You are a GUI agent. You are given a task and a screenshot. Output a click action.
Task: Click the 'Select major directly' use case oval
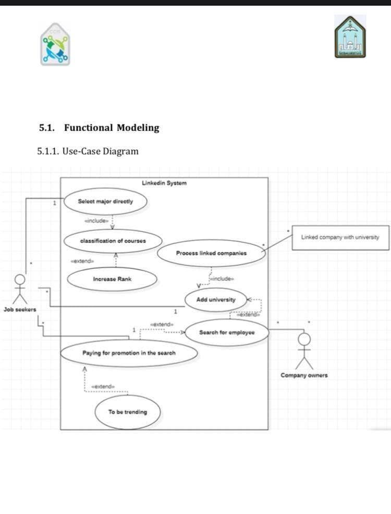105,201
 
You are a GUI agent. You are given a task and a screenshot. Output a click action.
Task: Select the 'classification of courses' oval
113,241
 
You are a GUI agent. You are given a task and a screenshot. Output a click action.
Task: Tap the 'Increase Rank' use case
112,279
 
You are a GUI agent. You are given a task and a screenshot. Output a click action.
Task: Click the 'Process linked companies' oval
211,253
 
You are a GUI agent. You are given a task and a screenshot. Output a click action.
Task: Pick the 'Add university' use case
215,300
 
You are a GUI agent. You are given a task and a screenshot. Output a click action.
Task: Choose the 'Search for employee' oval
227,332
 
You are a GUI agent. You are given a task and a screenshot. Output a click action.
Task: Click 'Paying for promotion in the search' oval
129,353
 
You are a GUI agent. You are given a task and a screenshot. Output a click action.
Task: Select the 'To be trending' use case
127,412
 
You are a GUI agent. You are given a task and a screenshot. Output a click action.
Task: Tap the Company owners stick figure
304,351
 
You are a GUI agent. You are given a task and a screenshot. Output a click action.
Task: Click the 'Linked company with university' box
340,237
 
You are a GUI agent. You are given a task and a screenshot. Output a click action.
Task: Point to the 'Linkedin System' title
164,183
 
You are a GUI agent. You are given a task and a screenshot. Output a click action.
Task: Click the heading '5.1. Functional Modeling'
99,128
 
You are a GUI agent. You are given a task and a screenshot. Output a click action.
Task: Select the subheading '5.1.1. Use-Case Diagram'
88,152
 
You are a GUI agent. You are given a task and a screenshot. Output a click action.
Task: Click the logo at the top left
55,44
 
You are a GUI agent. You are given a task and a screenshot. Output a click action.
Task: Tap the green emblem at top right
350,37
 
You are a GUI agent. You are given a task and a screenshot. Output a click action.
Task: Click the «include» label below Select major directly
96,221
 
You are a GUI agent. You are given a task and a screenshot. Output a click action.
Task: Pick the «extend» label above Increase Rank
82,261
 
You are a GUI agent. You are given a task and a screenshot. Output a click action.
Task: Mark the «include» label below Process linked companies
222,279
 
